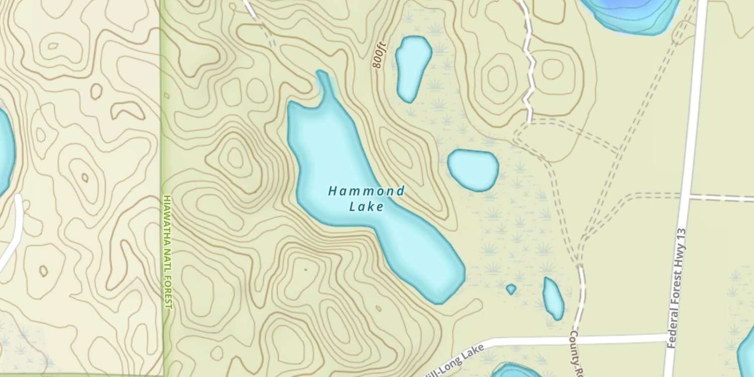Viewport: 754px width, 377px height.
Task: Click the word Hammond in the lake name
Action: tap(366, 191)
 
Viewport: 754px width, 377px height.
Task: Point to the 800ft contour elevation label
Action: tap(380, 55)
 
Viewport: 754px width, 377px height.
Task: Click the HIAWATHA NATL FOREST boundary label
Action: tap(168, 251)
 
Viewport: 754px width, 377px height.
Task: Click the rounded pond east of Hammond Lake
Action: tap(473, 169)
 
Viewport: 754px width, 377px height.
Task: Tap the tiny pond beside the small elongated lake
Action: tap(511, 289)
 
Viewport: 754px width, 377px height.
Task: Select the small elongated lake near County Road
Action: tap(553, 298)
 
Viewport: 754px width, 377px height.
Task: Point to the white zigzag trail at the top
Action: tap(528, 60)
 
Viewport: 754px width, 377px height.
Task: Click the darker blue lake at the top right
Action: tap(633, 13)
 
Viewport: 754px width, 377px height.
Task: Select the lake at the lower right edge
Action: tap(747, 352)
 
